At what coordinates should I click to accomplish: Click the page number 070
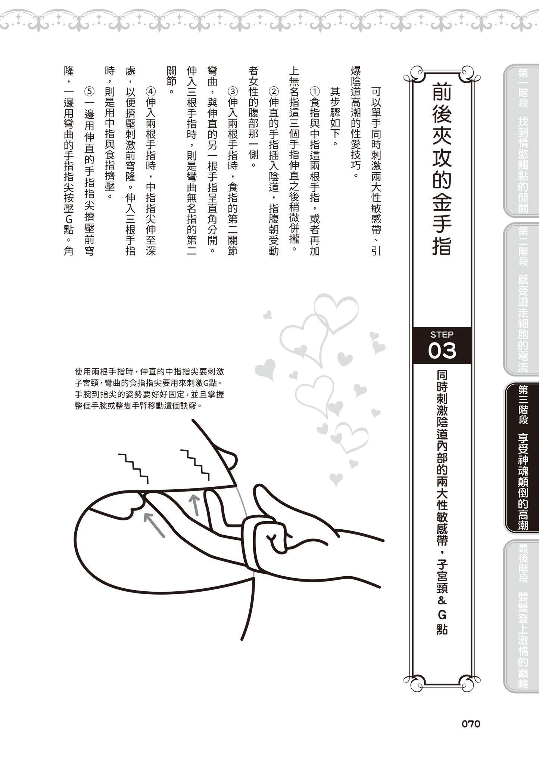coord(471,724)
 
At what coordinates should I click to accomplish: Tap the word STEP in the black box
coord(442,334)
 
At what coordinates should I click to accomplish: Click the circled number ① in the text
coord(315,92)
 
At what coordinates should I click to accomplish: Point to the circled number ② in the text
coord(274,92)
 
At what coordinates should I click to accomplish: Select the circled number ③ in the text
coord(233,92)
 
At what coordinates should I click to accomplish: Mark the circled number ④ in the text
coord(150,92)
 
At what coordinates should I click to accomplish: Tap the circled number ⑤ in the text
coord(89,92)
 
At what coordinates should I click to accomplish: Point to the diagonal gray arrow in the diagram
coord(154,525)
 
